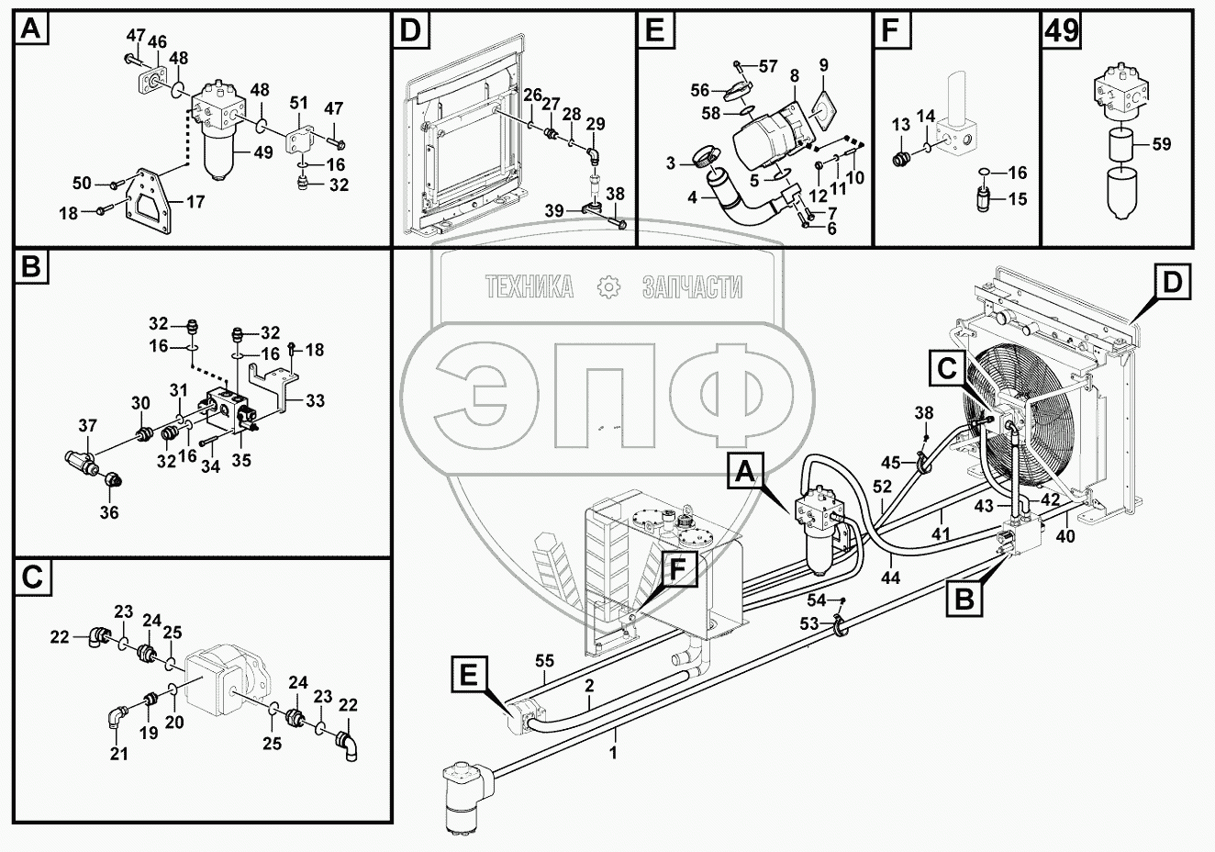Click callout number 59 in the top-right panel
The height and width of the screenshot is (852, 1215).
pyautogui.click(x=1161, y=144)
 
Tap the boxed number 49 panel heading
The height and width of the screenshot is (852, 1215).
pyautogui.click(x=1061, y=32)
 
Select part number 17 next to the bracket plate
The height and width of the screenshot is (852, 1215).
pyautogui.click(x=195, y=202)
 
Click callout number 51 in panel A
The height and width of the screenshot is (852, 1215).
pyautogui.click(x=299, y=102)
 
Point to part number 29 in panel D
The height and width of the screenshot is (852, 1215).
pyautogui.click(x=596, y=124)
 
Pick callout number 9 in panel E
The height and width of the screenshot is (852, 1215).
pyautogui.click(x=823, y=65)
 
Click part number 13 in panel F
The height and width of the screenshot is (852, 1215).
pyautogui.click(x=900, y=125)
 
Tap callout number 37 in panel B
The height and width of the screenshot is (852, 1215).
pyautogui.click(x=87, y=425)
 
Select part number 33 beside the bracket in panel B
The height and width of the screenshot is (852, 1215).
pyautogui.click(x=315, y=400)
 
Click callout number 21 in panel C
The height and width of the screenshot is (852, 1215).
pyautogui.click(x=119, y=754)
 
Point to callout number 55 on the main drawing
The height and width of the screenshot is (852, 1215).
pyautogui.click(x=545, y=659)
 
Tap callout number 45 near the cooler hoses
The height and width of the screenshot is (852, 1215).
pyautogui.click(x=891, y=462)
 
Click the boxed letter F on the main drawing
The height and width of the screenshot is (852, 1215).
pyautogui.click(x=676, y=570)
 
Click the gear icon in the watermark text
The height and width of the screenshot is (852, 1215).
pyautogui.click(x=608, y=287)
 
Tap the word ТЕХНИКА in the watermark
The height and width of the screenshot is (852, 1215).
pyautogui.click(x=529, y=287)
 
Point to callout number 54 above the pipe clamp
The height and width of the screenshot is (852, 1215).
pyautogui.click(x=816, y=600)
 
